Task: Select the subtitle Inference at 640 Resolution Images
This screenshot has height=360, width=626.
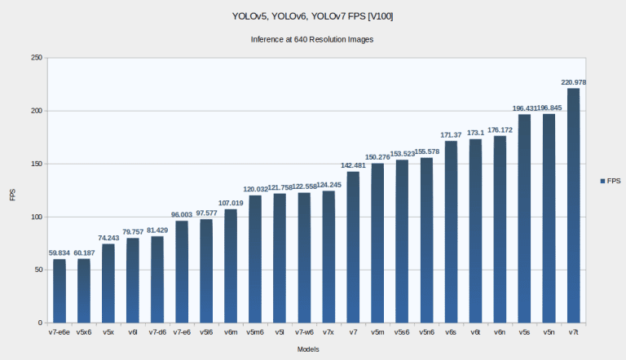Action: pyautogui.click(x=312, y=39)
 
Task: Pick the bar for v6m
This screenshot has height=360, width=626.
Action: pyautogui.click(x=231, y=266)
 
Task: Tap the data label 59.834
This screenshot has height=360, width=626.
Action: pyautogui.click(x=60, y=252)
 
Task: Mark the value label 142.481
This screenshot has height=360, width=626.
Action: pyautogui.click(x=353, y=165)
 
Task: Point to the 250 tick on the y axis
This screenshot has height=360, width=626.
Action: pyautogui.click(x=37, y=58)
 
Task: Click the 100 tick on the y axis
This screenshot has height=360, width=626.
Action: pyautogui.click(x=37, y=217)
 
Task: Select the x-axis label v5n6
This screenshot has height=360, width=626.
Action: pyautogui.click(x=426, y=332)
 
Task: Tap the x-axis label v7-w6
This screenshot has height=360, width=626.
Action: pyautogui.click(x=304, y=332)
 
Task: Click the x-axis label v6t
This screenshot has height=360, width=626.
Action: pyautogui.click(x=475, y=332)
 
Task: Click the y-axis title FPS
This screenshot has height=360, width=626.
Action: pyautogui.click(x=11, y=195)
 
